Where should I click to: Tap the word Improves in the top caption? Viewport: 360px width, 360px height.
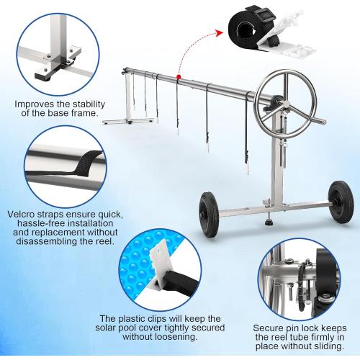pyautogui.click(x=35, y=104)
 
